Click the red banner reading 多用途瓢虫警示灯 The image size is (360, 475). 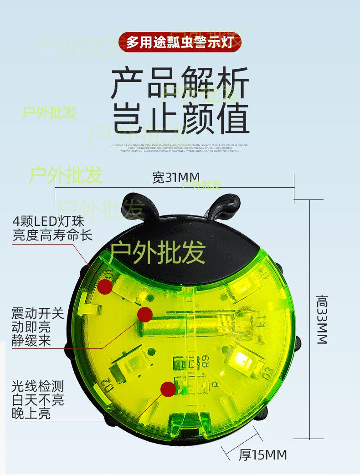180,42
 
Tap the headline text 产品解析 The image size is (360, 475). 180,83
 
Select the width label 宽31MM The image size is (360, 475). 176,178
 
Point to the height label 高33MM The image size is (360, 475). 322,319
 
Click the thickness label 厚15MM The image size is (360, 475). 263,455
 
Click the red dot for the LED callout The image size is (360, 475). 105,286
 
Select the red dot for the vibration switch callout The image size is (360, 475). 145,314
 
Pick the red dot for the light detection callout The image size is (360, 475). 168,389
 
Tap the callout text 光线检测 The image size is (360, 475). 38,387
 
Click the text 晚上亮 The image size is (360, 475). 31,414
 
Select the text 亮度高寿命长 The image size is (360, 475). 52,235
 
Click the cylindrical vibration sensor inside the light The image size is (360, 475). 191,324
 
